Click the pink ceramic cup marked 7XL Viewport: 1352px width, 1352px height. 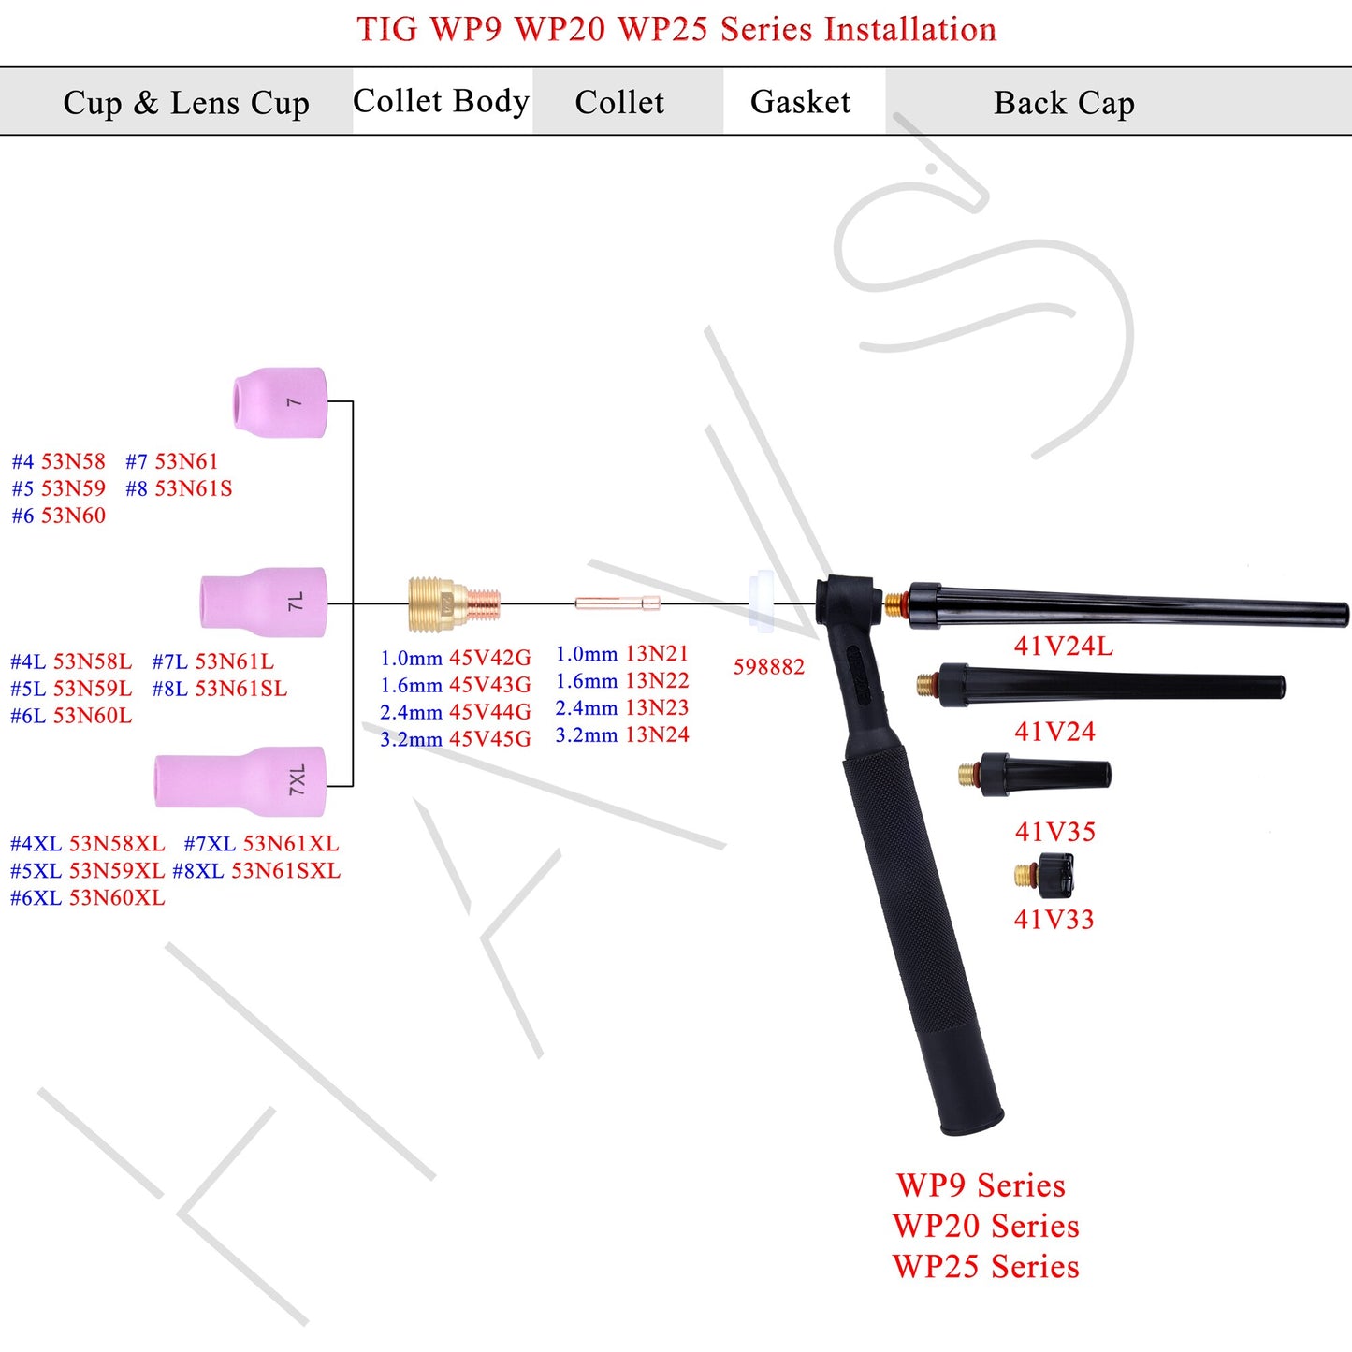pyautogui.click(x=240, y=780)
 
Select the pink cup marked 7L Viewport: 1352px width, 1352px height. pyautogui.click(x=264, y=602)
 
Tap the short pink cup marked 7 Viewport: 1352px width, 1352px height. pyautogui.click(x=280, y=402)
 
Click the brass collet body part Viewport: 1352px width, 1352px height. pyautogui.click(x=454, y=604)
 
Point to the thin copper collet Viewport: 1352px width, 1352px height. pyautogui.click(x=617, y=603)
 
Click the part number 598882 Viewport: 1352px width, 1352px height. pyautogui.click(x=768, y=667)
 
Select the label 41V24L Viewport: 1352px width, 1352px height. pyautogui.click(x=1064, y=647)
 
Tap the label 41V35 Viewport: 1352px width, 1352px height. pyautogui.click(x=1054, y=832)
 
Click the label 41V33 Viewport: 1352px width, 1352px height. pyautogui.click(x=1054, y=920)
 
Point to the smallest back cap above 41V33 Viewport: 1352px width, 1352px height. pyautogui.click(x=1044, y=876)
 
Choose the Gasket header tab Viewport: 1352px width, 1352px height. pyautogui.click(x=801, y=102)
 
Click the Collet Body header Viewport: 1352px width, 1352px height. pyautogui.click(x=441, y=101)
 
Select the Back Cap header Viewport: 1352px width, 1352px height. pyautogui.click(x=1064, y=103)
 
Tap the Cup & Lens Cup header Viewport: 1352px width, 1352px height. pyautogui.click(x=186, y=103)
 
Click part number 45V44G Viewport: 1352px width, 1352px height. pyautogui.click(x=490, y=712)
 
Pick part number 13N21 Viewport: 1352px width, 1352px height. pyautogui.click(x=657, y=654)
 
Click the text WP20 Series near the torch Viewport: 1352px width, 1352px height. pyautogui.click(x=986, y=1226)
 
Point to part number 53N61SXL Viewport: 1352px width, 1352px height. pyautogui.click(x=285, y=871)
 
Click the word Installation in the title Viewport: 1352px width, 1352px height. pyautogui.click(x=909, y=30)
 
